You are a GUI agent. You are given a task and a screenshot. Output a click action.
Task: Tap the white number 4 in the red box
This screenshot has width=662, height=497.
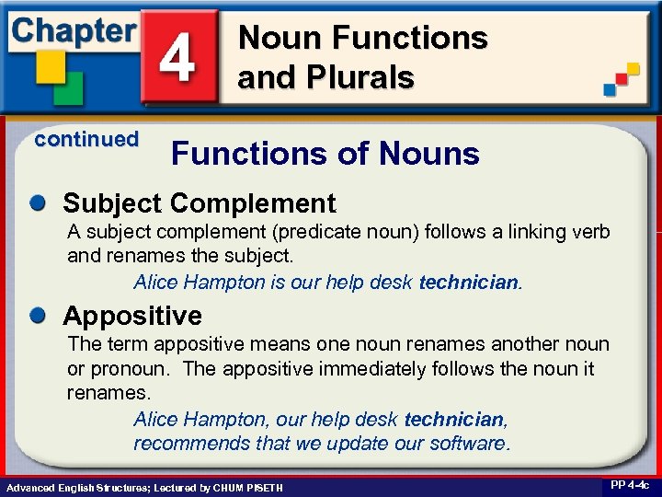(180, 57)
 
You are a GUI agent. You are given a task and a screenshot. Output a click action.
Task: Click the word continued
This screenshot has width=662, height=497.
(86, 139)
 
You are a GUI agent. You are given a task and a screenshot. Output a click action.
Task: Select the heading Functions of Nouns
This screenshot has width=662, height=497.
(325, 154)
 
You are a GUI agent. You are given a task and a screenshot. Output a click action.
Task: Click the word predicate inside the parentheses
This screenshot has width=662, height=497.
(279, 230)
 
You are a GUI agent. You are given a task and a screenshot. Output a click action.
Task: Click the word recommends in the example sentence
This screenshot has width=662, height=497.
(184, 443)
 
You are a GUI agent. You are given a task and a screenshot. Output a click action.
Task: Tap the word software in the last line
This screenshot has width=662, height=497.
(468, 443)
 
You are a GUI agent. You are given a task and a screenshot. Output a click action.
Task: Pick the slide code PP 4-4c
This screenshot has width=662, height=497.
(629, 485)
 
